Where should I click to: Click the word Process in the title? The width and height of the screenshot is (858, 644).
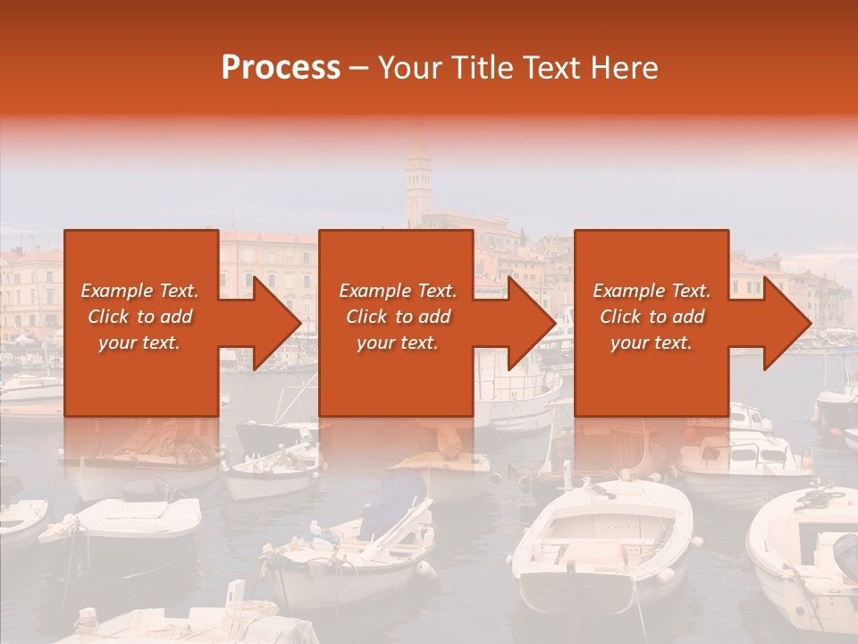281,68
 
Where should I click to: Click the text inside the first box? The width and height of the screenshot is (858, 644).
139,317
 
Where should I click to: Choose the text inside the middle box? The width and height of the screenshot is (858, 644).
397,317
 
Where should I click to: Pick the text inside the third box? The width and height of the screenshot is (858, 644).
652,317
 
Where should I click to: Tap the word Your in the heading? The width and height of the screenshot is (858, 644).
409,68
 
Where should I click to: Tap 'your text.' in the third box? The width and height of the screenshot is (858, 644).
652,343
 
